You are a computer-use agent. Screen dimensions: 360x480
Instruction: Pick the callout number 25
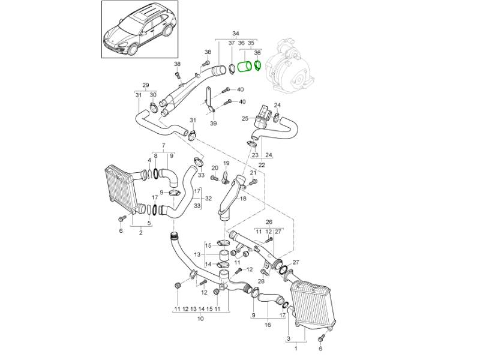[245, 118]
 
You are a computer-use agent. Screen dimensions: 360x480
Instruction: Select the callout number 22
[262, 164]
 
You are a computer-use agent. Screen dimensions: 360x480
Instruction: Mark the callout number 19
[226, 163]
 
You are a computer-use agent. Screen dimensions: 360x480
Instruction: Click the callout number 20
[214, 167]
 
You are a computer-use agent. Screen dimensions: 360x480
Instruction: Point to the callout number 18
[243, 198]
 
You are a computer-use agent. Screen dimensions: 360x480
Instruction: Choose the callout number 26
[269, 221]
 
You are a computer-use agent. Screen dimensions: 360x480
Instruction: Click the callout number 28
[261, 281]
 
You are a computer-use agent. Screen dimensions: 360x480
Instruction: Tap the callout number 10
[200, 319]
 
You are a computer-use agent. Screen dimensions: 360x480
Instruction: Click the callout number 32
[208, 197]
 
